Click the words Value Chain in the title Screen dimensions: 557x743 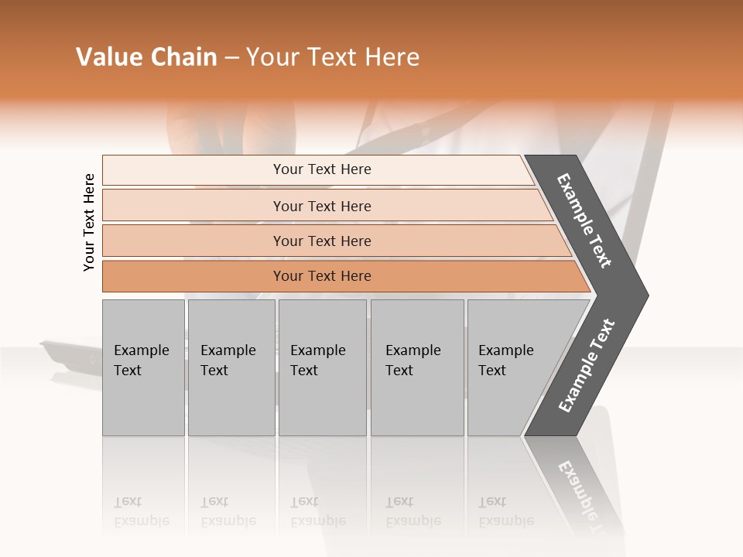click(146, 57)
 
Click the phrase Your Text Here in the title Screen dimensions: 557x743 click(333, 57)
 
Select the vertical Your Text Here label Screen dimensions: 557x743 click(89, 222)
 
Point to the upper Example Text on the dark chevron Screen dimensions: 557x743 click(584, 220)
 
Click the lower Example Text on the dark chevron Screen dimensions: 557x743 click(586, 366)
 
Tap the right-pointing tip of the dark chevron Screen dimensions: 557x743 click(642, 295)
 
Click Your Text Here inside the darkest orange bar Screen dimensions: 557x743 click(322, 276)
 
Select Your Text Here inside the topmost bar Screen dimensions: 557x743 click(322, 169)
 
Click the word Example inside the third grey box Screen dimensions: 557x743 click(317, 350)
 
